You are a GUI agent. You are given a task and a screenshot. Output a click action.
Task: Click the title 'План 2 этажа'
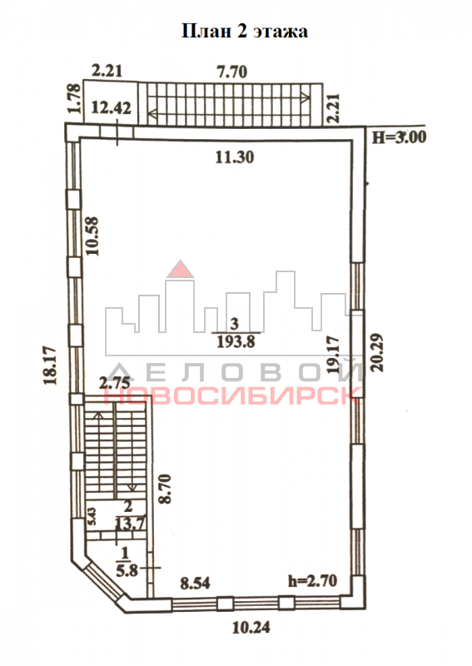(244, 32)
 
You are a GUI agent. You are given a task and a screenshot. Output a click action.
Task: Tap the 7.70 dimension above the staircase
(232, 72)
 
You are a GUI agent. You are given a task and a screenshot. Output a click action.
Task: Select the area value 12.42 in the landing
(112, 107)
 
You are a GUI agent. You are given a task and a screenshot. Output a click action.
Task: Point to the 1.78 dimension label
(75, 98)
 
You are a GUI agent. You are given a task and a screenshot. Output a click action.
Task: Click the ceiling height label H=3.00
(399, 137)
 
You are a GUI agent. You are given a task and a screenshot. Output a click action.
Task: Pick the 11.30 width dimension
(235, 157)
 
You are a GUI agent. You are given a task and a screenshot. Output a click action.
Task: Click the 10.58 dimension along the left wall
(92, 236)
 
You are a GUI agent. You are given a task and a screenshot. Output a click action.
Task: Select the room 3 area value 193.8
(236, 341)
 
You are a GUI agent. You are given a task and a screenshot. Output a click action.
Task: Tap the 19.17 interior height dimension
(334, 355)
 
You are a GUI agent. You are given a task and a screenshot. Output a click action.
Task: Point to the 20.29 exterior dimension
(377, 352)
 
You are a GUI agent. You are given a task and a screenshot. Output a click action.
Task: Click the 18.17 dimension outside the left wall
(51, 365)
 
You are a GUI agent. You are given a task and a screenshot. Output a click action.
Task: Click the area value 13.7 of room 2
(131, 523)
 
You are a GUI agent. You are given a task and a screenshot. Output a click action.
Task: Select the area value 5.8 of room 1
(127, 569)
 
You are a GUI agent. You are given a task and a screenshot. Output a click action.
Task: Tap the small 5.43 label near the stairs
(92, 516)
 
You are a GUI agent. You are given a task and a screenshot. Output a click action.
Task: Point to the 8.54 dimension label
(195, 583)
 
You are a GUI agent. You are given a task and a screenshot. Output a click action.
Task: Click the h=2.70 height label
(313, 580)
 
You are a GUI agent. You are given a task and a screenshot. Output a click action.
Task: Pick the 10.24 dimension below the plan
(251, 627)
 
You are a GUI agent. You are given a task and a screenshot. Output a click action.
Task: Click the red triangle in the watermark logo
(180, 269)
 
